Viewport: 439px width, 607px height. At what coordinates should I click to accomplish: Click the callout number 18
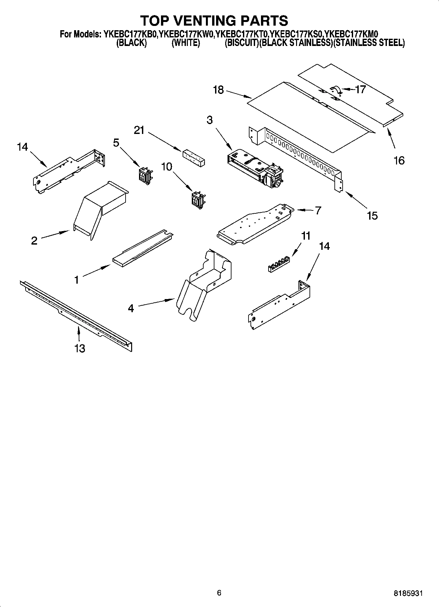click(x=218, y=90)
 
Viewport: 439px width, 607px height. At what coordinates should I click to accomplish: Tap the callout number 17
click(x=360, y=89)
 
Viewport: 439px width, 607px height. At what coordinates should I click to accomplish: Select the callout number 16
click(x=399, y=161)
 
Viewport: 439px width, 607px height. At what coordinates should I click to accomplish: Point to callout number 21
click(x=139, y=130)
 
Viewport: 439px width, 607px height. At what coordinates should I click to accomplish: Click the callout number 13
click(x=80, y=348)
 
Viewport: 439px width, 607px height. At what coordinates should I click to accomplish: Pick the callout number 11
click(x=306, y=236)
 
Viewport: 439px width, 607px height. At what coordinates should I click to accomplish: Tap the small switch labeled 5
click(x=144, y=174)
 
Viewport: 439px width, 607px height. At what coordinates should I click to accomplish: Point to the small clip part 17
click(x=336, y=90)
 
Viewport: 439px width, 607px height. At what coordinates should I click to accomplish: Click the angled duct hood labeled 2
click(x=98, y=210)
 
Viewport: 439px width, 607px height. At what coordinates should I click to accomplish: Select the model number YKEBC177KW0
click(x=186, y=34)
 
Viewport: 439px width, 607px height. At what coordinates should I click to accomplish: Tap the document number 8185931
click(x=408, y=593)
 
